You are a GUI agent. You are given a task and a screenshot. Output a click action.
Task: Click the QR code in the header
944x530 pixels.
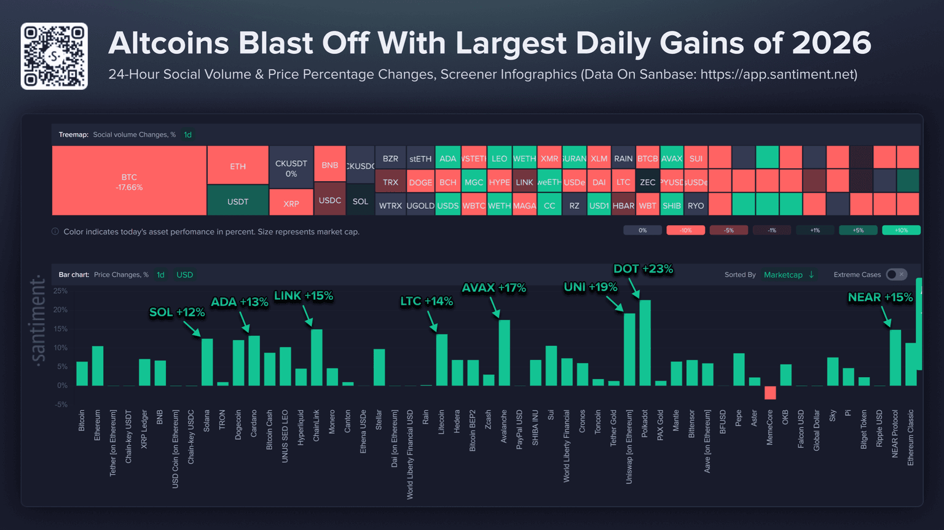pyautogui.click(x=54, y=56)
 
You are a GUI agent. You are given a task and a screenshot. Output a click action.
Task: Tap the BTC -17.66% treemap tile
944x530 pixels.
pyautogui.click(x=129, y=181)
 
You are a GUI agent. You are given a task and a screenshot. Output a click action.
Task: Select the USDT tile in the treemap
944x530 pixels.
pyautogui.click(x=238, y=201)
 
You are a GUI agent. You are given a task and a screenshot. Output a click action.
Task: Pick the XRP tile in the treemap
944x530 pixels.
pyautogui.click(x=291, y=203)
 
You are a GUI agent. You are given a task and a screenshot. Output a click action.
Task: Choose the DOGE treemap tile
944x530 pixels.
pyautogui.click(x=420, y=182)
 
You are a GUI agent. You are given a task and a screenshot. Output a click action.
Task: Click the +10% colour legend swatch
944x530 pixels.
pyautogui.click(x=901, y=230)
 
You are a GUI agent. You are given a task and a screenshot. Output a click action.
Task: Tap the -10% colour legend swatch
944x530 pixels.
pyautogui.click(x=685, y=230)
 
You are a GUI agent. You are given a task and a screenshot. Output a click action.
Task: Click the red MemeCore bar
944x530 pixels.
pyautogui.click(x=770, y=392)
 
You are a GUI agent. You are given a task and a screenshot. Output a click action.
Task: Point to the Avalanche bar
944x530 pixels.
pyautogui.click(x=504, y=353)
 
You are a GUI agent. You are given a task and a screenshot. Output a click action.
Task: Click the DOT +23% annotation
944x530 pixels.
pyautogui.click(x=643, y=269)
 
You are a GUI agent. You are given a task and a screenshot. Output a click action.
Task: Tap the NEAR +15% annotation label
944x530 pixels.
pyautogui.click(x=880, y=297)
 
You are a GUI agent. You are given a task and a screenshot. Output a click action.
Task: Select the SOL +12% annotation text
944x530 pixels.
pyautogui.click(x=177, y=312)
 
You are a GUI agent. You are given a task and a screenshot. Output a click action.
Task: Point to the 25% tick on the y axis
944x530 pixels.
pyautogui.click(x=60, y=291)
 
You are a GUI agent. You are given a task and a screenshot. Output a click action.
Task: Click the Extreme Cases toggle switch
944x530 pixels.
pyautogui.click(x=896, y=275)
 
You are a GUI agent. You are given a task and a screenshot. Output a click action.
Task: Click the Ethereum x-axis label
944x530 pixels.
pyautogui.click(x=97, y=421)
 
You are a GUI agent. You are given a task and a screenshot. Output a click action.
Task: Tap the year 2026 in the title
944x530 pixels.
pyautogui.click(x=831, y=43)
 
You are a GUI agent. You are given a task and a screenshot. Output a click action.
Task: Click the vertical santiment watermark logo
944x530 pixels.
pyautogui.click(x=38, y=321)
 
